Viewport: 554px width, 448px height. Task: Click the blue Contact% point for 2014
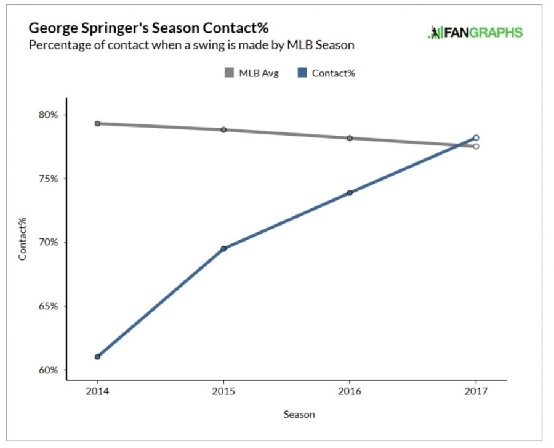click(x=97, y=357)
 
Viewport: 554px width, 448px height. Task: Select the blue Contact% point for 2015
click(x=223, y=249)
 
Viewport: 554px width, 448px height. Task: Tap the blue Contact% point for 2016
click(x=350, y=193)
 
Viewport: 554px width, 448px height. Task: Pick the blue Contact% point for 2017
click(x=476, y=138)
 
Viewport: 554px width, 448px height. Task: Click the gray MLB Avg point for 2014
click(x=97, y=124)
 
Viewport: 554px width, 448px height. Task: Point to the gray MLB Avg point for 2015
click(x=223, y=130)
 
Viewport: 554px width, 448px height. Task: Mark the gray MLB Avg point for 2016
click(x=350, y=138)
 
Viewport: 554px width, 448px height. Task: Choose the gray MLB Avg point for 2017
click(x=476, y=146)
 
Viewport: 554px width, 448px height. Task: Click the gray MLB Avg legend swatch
click(x=229, y=73)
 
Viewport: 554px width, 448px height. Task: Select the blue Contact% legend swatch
click(x=303, y=73)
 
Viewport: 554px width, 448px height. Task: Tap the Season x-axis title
click(x=299, y=415)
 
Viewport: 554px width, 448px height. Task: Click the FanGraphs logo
click(x=475, y=33)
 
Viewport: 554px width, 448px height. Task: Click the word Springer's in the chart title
click(x=110, y=29)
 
